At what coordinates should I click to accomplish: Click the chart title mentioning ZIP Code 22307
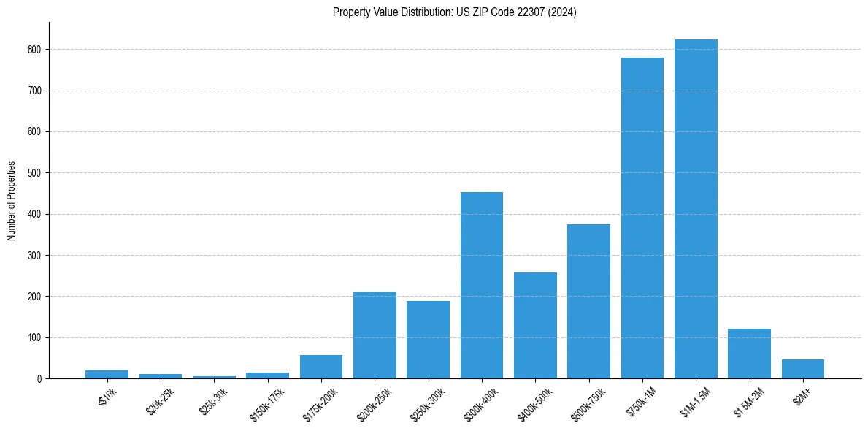[x=454, y=12]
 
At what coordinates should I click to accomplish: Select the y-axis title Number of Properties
[x=12, y=201]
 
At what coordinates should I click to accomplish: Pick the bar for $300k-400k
[x=482, y=285]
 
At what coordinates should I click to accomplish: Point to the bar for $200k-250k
[x=375, y=335]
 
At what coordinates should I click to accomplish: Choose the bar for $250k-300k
[x=428, y=340]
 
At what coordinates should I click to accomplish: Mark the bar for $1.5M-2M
[x=749, y=354]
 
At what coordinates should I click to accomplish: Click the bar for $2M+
[x=803, y=369]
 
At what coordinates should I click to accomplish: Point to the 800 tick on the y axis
[x=34, y=50]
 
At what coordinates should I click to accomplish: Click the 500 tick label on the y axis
[x=34, y=173]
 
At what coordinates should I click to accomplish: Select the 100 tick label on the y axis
[x=34, y=337]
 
